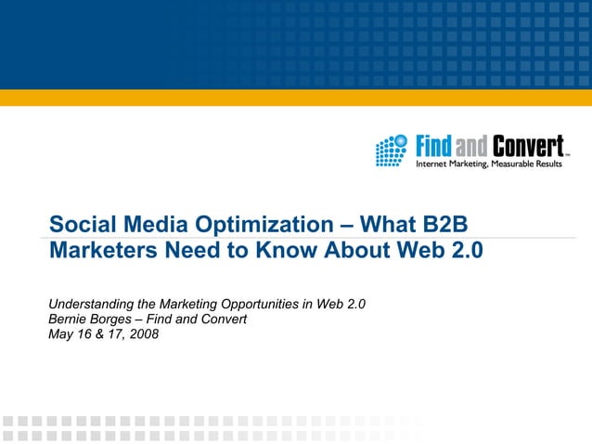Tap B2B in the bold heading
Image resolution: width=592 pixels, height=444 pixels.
point(452,225)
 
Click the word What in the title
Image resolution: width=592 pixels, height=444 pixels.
point(389,225)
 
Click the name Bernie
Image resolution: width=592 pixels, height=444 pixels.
point(69,320)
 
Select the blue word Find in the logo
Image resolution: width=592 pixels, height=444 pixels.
point(432,147)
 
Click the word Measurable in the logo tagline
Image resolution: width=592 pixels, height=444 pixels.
point(501,164)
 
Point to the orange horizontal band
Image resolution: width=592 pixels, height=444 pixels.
point(296,98)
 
